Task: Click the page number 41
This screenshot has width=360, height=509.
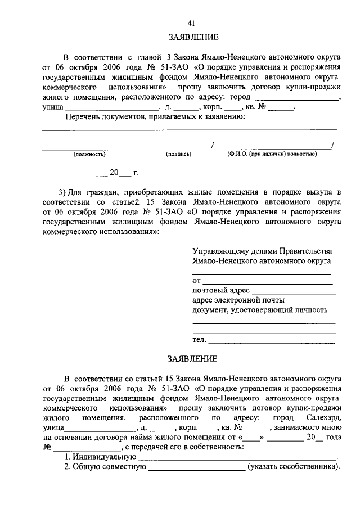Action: (x=191, y=23)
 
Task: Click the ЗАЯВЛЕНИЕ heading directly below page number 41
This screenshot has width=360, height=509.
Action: (x=191, y=38)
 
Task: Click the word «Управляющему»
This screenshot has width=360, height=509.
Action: (x=219, y=251)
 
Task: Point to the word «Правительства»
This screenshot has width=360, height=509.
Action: (x=303, y=251)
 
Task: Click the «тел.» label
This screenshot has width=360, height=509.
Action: (x=199, y=340)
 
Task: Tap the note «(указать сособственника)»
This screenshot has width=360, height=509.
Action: (x=294, y=467)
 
